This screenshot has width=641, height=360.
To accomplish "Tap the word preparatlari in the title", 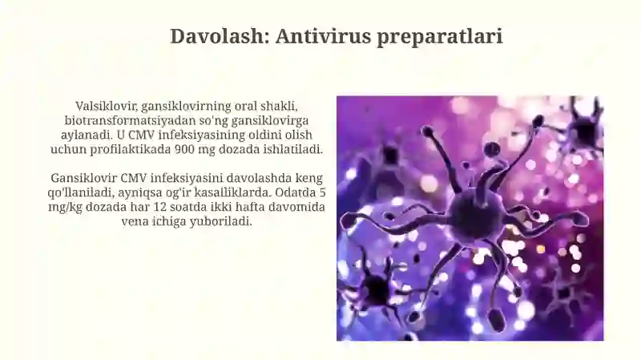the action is [x=439, y=37].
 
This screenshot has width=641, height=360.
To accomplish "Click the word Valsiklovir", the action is [x=107, y=106].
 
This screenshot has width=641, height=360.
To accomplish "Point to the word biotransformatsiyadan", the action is [x=124, y=120].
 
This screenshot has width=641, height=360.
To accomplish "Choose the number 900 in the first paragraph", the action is [x=184, y=149].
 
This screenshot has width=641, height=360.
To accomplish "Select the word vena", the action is [x=135, y=221].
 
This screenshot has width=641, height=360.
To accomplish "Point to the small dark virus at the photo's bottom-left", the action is [x=376, y=289].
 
